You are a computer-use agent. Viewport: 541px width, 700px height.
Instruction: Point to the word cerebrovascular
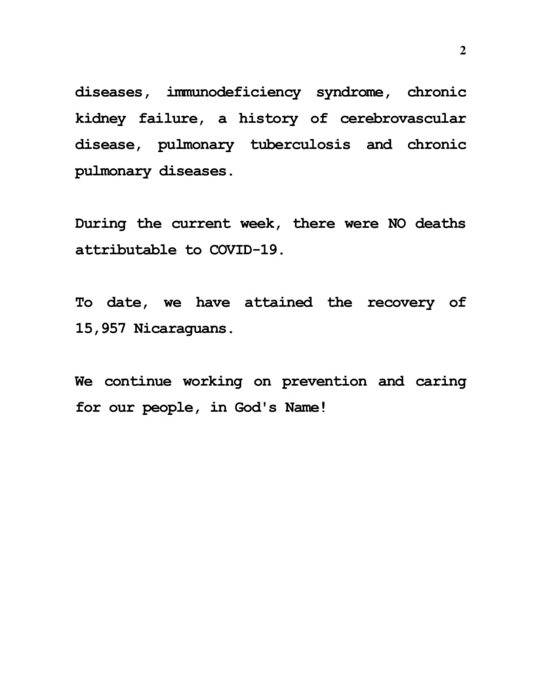click(x=403, y=119)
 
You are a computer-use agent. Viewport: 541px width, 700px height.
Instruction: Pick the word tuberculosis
click(x=300, y=145)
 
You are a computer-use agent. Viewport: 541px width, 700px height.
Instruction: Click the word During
click(x=100, y=224)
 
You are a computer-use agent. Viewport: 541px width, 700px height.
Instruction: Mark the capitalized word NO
click(x=397, y=224)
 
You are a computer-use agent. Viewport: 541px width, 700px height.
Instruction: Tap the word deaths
click(x=440, y=224)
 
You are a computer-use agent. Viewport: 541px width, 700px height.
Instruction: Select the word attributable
click(x=125, y=250)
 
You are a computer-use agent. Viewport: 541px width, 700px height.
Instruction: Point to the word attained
click(x=278, y=302)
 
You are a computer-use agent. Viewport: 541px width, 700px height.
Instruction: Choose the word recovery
click(x=400, y=303)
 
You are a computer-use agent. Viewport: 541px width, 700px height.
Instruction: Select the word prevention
click(x=324, y=381)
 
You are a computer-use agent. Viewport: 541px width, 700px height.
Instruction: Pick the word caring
click(x=441, y=381)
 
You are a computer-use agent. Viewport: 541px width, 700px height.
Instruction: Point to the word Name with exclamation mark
click(x=305, y=408)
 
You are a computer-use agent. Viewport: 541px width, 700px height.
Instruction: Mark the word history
click(x=268, y=119)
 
